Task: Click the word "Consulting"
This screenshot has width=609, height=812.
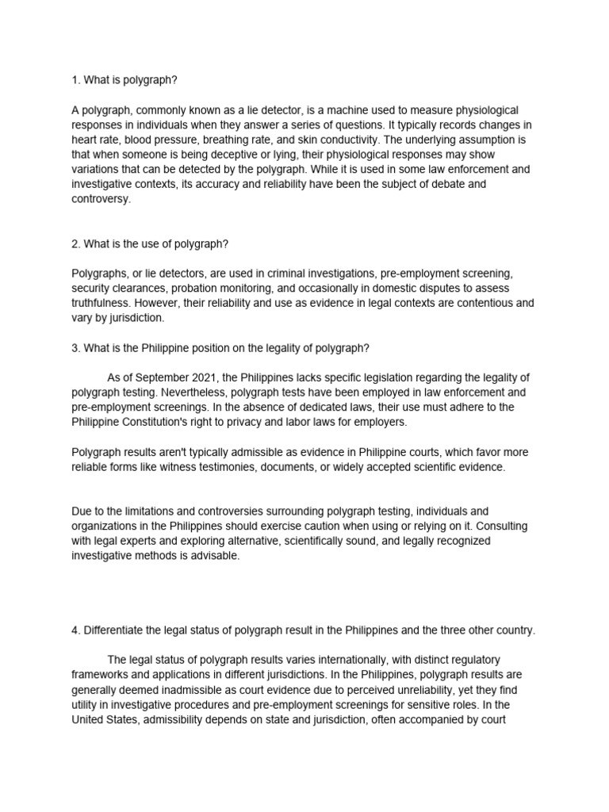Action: point(500,527)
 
